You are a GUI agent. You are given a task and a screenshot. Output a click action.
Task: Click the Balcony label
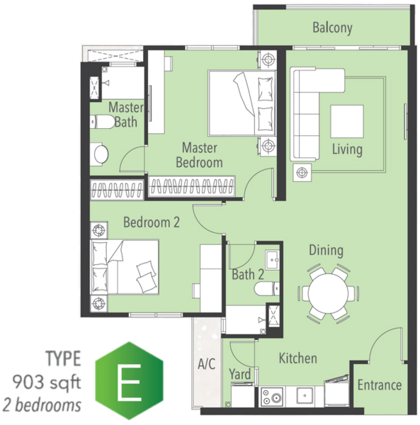[332, 28]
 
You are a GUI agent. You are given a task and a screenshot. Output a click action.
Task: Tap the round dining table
[328, 293]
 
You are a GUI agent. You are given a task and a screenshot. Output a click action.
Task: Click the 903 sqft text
[47, 382]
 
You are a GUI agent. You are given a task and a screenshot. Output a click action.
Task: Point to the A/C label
[207, 364]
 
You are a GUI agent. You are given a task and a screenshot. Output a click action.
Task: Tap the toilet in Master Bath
[103, 122]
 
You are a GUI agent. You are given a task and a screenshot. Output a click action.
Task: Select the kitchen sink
[305, 395]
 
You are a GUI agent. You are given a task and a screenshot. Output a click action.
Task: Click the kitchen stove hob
[272, 397]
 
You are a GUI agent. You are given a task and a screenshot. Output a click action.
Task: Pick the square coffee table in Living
[347, 121]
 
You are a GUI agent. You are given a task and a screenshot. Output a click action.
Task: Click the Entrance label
[380, 385]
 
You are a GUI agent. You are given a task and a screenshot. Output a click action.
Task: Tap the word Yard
[240, 374]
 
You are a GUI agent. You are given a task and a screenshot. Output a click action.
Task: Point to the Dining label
[326, 251]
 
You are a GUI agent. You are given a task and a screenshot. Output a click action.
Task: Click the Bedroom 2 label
[151, 222]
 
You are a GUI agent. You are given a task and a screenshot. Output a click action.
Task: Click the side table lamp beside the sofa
[302, 172]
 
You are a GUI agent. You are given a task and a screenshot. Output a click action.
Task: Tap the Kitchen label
[297, 358]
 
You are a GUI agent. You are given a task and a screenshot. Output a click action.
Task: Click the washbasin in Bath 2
[272, 260]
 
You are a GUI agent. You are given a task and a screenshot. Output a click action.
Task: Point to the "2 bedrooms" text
[42, 405]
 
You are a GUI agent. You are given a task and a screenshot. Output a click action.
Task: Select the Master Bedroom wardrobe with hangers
[191, 186]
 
